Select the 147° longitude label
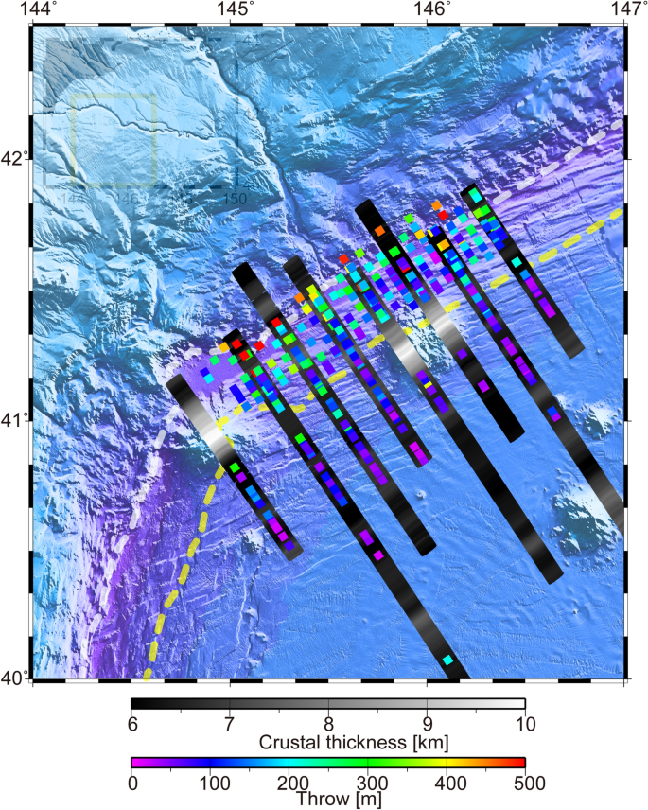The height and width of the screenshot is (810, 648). tap(627, 9)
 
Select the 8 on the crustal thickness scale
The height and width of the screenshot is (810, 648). tap(328, 724)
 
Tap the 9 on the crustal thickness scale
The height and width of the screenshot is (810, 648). tap(427, 724)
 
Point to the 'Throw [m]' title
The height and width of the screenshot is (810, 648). tap(328, 799)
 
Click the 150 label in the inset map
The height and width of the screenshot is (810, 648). tap(235, 199)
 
